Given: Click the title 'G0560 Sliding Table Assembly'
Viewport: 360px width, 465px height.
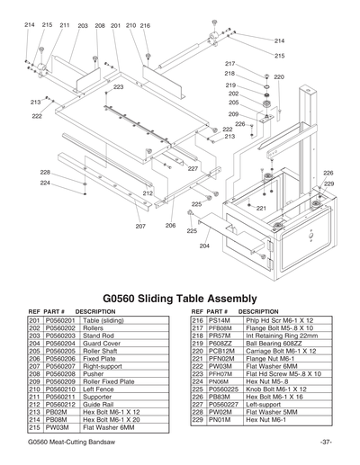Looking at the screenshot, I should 180,298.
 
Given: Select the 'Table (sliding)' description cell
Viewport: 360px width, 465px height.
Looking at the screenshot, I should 103,321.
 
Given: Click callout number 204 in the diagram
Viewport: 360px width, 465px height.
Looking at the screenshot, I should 204,246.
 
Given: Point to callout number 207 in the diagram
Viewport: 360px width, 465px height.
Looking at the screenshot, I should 141,227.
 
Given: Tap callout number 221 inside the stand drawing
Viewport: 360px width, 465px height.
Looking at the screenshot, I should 261,209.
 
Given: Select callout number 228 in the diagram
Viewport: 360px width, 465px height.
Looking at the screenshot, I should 45,172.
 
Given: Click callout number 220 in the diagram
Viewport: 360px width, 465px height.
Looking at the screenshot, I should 279,77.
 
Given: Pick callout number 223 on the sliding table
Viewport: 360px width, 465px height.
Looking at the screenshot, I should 118,87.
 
